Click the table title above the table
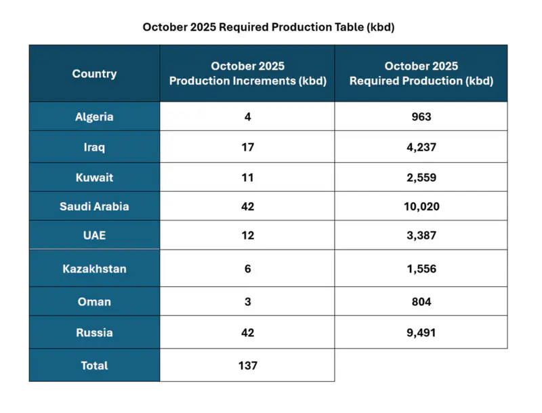268,28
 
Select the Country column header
94,74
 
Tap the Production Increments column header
247,73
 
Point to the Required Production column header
421,73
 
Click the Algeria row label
94,117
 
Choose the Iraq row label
94,146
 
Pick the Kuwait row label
94,178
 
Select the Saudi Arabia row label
94,206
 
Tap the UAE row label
94,235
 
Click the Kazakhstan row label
94,269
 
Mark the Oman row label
94,302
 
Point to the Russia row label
94,333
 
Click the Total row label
94,366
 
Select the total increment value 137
247,366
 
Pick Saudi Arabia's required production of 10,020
421,206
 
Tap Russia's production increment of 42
247,333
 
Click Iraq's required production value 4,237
421,146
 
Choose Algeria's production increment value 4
247,117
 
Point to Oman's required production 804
421,302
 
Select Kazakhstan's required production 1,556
421,269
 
